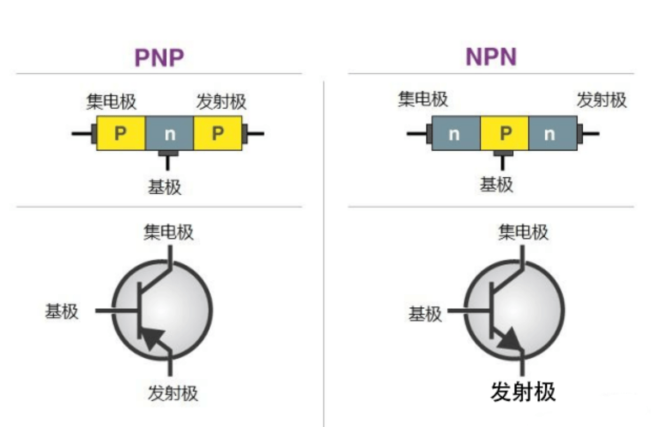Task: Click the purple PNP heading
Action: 159,58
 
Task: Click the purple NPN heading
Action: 491,57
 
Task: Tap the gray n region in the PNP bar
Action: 170,133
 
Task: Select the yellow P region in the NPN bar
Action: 504,133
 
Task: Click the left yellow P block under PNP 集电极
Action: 121,133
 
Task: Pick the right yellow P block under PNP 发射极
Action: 218,133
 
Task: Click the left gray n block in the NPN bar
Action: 456,133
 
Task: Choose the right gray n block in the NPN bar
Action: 553,133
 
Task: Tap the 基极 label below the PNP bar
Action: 165,187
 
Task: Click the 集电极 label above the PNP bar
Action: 111,101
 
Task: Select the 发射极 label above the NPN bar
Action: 602,100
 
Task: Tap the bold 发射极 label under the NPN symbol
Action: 523,392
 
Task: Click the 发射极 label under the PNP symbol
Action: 173,393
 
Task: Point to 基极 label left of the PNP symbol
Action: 62,311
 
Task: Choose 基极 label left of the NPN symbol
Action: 425,314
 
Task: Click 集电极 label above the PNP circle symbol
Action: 168,232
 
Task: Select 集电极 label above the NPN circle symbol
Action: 523,232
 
